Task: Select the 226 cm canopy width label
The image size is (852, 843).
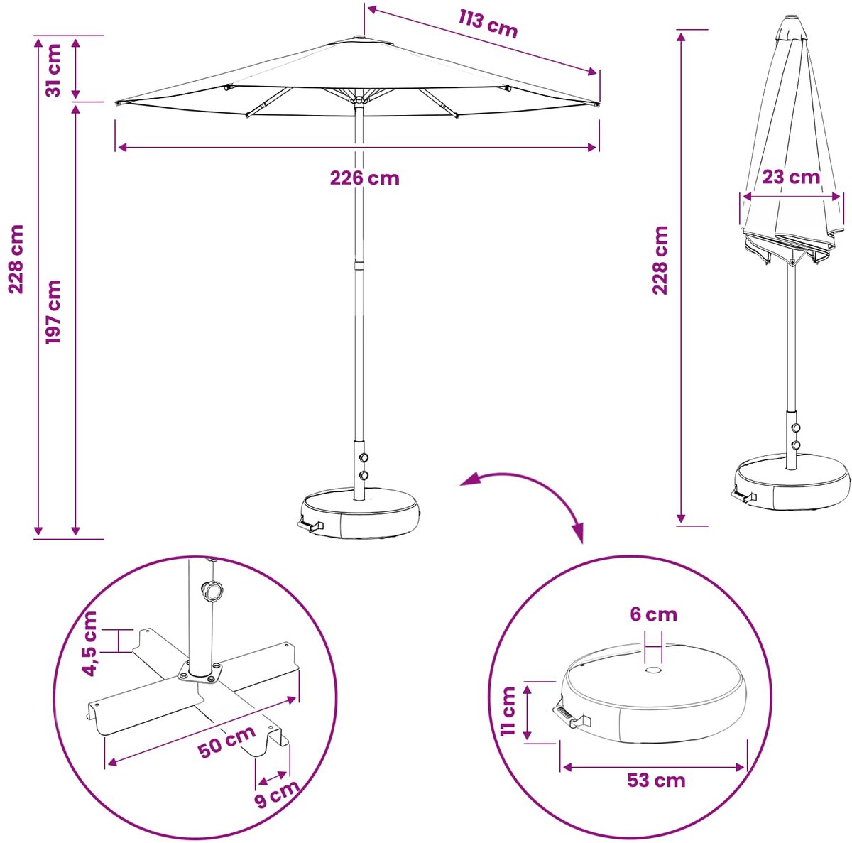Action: (365, 178)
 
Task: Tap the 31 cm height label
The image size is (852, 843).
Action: (54, 70)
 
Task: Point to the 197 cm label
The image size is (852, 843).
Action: (53, 312)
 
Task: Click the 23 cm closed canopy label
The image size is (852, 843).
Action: (791, 177)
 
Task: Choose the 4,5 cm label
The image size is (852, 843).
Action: (89, 643)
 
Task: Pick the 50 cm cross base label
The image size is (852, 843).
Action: (226, 741)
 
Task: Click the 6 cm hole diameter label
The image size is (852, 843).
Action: (653, 614)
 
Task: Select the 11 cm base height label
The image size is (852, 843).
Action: (508, 711)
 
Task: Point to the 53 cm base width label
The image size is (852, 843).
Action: (656, 781)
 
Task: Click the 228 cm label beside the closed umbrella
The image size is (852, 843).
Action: (660, 260)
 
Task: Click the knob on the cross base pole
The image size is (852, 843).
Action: (212, 589)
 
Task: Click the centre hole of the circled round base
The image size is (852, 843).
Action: (653, 671)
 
